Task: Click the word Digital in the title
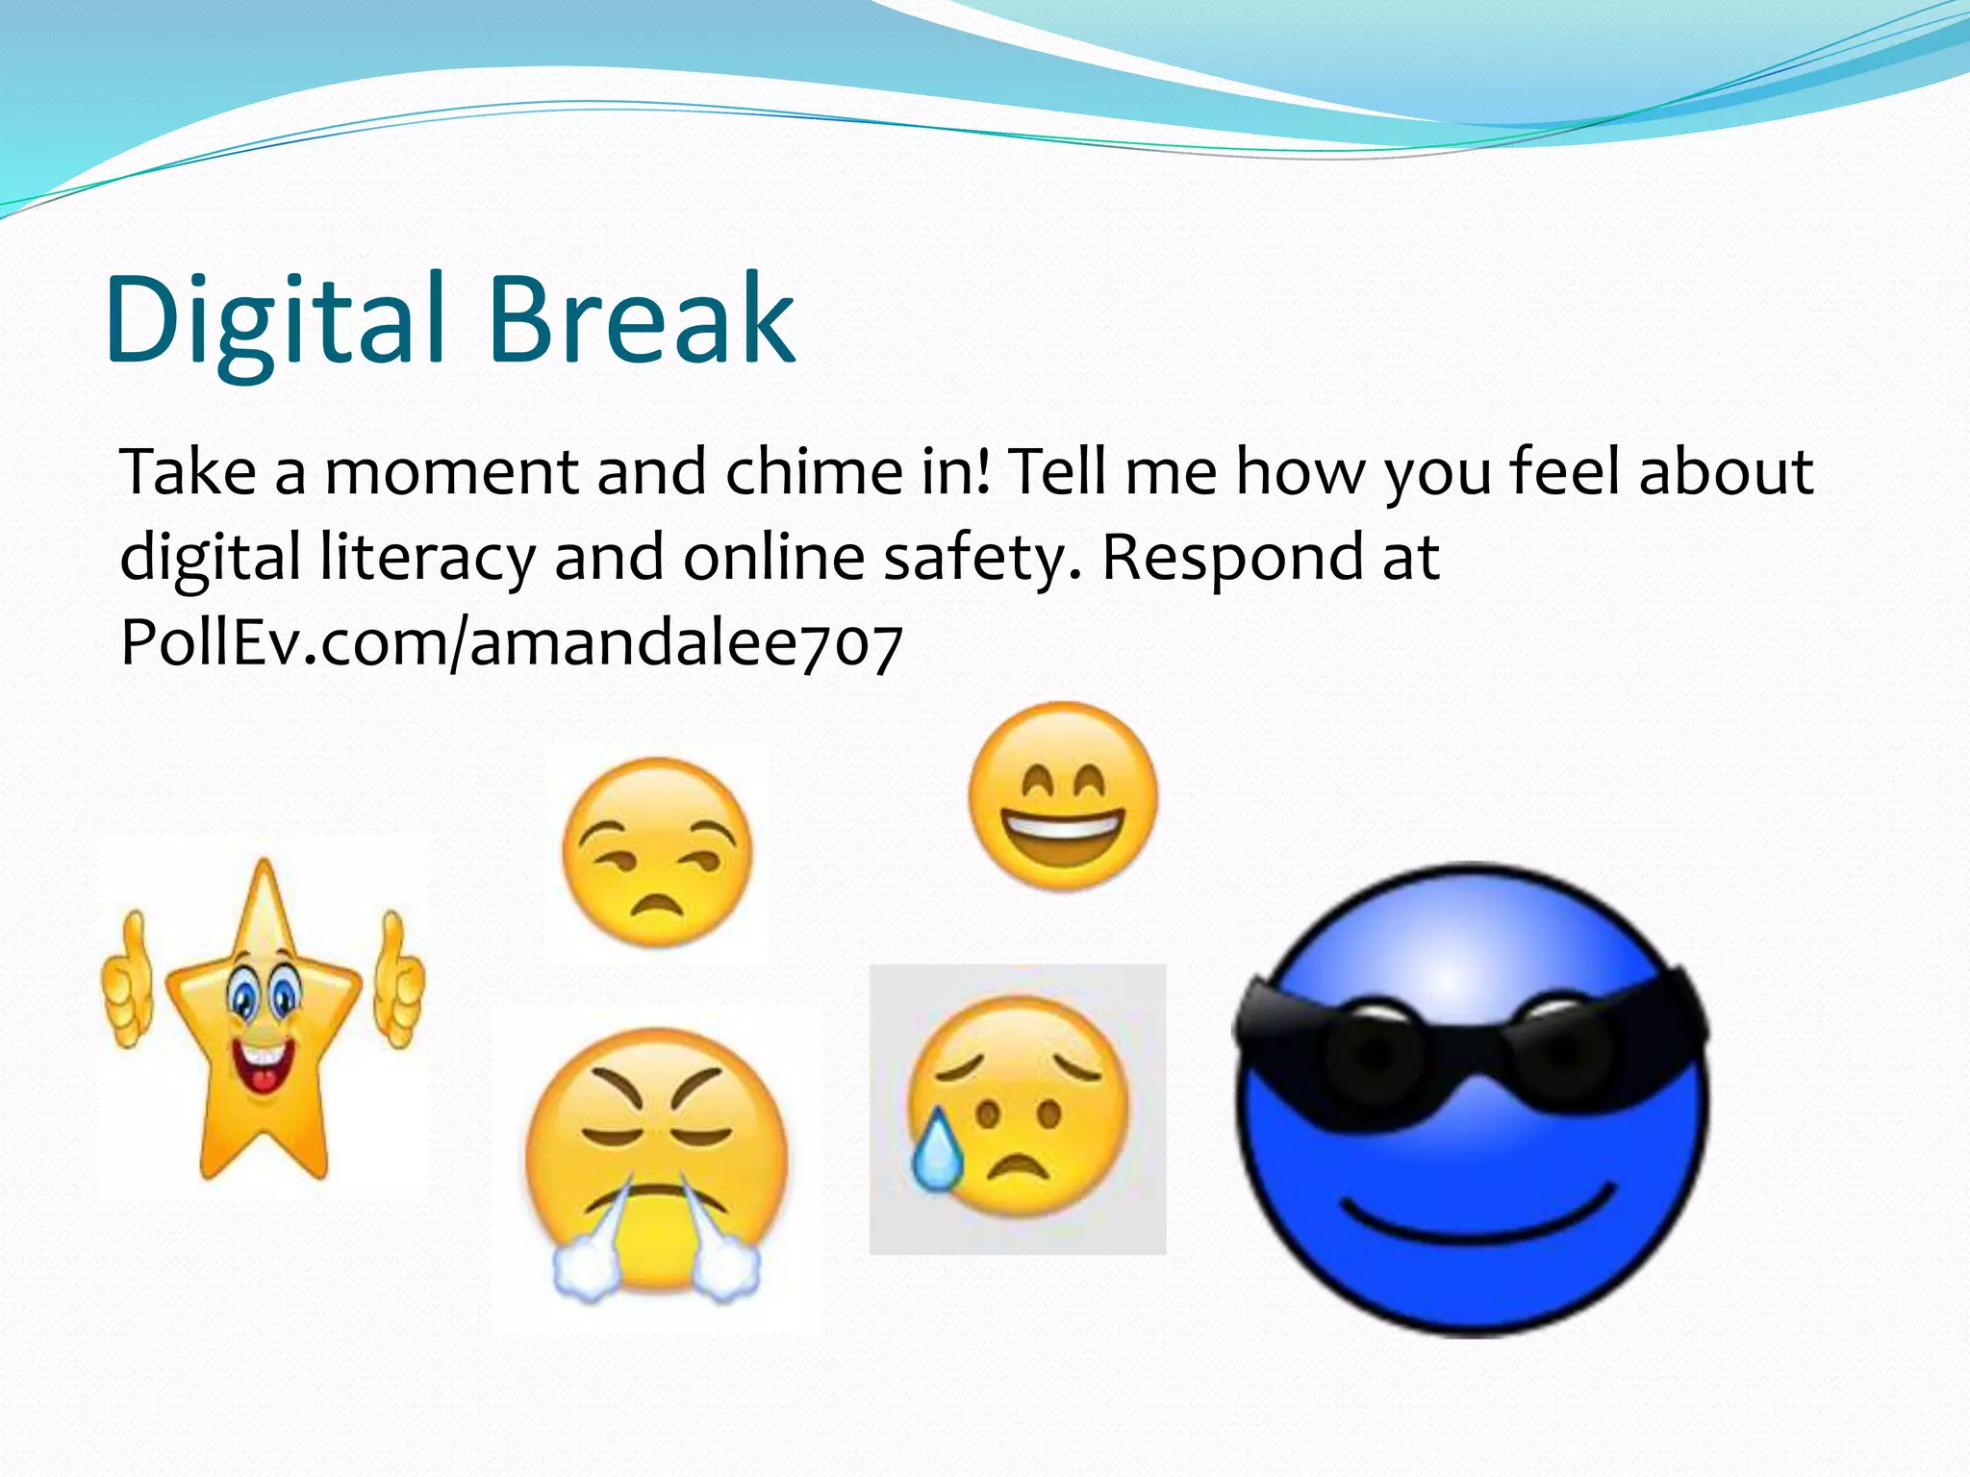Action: [x=275, y=319]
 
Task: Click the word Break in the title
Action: [x=642, y=319]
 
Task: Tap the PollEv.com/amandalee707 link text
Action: [x=511, y=641]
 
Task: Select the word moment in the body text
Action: [x=450, y=472]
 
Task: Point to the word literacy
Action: [x=427, y=558]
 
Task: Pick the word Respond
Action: [x=1231, y=558]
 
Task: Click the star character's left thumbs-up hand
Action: [x=128, y=981]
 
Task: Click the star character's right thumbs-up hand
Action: [x=398, y=981]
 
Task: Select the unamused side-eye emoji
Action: [x=657, y=852]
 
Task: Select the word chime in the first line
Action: [x=812, y=472]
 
